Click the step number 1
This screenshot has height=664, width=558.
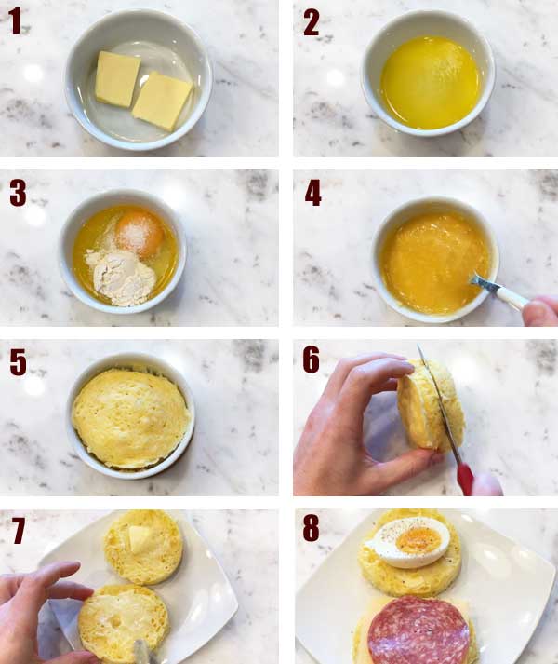click(15, 20)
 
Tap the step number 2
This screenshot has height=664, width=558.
click(311, 23)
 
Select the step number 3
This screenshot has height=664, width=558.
click(19, 193)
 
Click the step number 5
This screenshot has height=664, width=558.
click(19, 362)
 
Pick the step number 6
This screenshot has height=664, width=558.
click(311, 360)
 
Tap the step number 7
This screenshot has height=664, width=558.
click(19, 531)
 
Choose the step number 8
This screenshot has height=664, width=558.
click(311, 528)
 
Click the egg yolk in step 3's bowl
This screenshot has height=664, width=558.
click(139, 234)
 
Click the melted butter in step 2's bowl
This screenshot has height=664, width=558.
click(431, 82)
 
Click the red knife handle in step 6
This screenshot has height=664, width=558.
click(465, 479)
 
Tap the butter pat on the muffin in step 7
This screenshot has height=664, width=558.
click(139, 538)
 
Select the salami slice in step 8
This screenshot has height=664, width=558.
click(418, 631)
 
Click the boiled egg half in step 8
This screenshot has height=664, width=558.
click(408, 542)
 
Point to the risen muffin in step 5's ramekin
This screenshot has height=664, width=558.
click(130, 418)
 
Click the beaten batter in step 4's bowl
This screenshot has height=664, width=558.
click(434, 263)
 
